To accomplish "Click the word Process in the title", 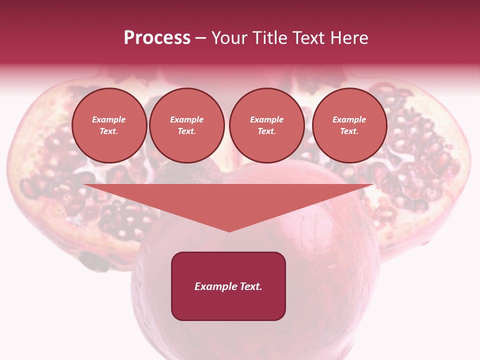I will pyautogui.click(x=157, y=38).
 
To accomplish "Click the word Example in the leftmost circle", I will pyautogui.click(x=109, y=119).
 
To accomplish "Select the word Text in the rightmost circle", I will pyautogui.click(x=349, y=131).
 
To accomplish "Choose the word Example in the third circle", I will pyautogui.click(x=266, y=119).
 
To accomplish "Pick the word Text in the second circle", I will pyautogui.click(x=186, y=131).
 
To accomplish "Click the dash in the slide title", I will pyautogui.click(x=200, y=38).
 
